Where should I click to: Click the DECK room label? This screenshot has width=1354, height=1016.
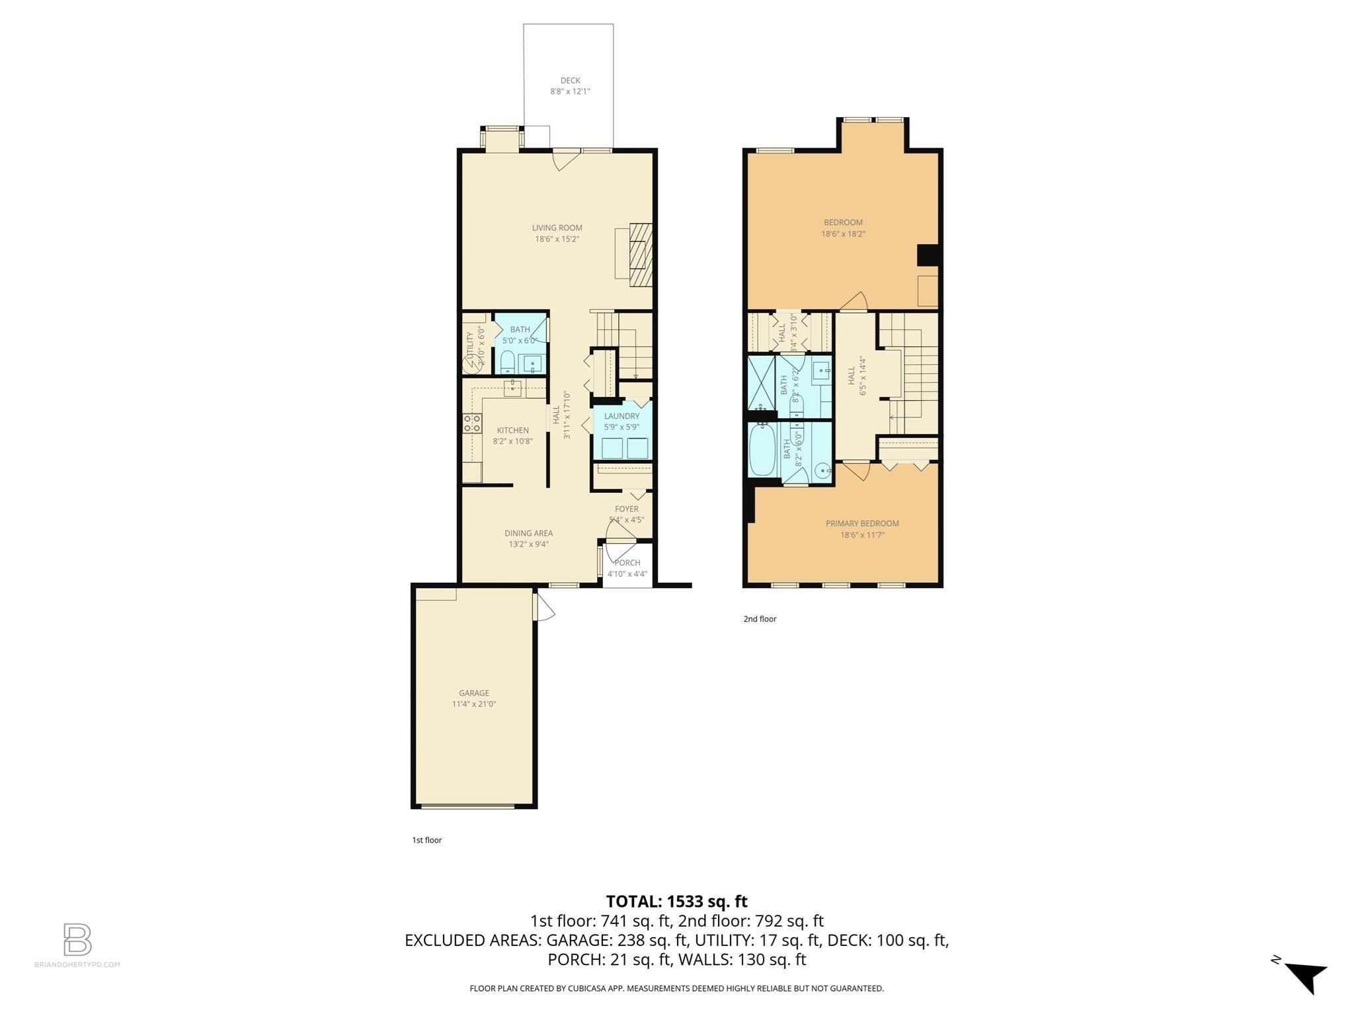pyautogui.click(x=570, y=81)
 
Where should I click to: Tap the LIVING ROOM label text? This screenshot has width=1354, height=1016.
pyautogui.click(x=557, y=228)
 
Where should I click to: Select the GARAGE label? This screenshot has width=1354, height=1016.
pyautogui.click(x=474, y=693)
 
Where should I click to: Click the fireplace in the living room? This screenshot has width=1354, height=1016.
pyautogui.click(x=640, y=255)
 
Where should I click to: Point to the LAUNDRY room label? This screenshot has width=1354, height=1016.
pyautogui.click(x=621, y=416)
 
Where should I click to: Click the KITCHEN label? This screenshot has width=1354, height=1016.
pyautogui.click(x=512, y=431)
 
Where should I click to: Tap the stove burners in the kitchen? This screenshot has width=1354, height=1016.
pyautogui.click(x=472, y=423)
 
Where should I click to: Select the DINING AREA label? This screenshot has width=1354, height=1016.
pyautogui.click(x=528, y=533)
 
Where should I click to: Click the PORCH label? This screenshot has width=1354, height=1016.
pyautogui.click(x=627, y=563)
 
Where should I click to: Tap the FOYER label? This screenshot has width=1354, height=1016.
pyautogui.click(x=626, y=509)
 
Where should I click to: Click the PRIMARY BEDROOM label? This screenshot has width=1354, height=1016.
pyautogui.click(x=862, y=523)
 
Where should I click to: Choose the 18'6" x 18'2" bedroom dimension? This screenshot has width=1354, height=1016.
pyautogui.click(x=843, y=234)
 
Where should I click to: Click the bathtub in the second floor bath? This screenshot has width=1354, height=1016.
pyautogui.click(x=763, y=450)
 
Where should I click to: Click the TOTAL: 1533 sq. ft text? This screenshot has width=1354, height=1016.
pyautogui.click(x=676, y=902)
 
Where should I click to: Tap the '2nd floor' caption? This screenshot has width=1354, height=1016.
pyautogui.click(x=760, y=619)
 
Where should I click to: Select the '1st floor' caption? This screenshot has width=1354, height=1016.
pyautogui.click(x=426, y=840)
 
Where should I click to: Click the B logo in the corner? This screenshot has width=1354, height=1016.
pyautogui.click(x=77, y=939)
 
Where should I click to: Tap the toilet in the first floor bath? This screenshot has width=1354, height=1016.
pyautogui.click(x=507, y=362)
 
